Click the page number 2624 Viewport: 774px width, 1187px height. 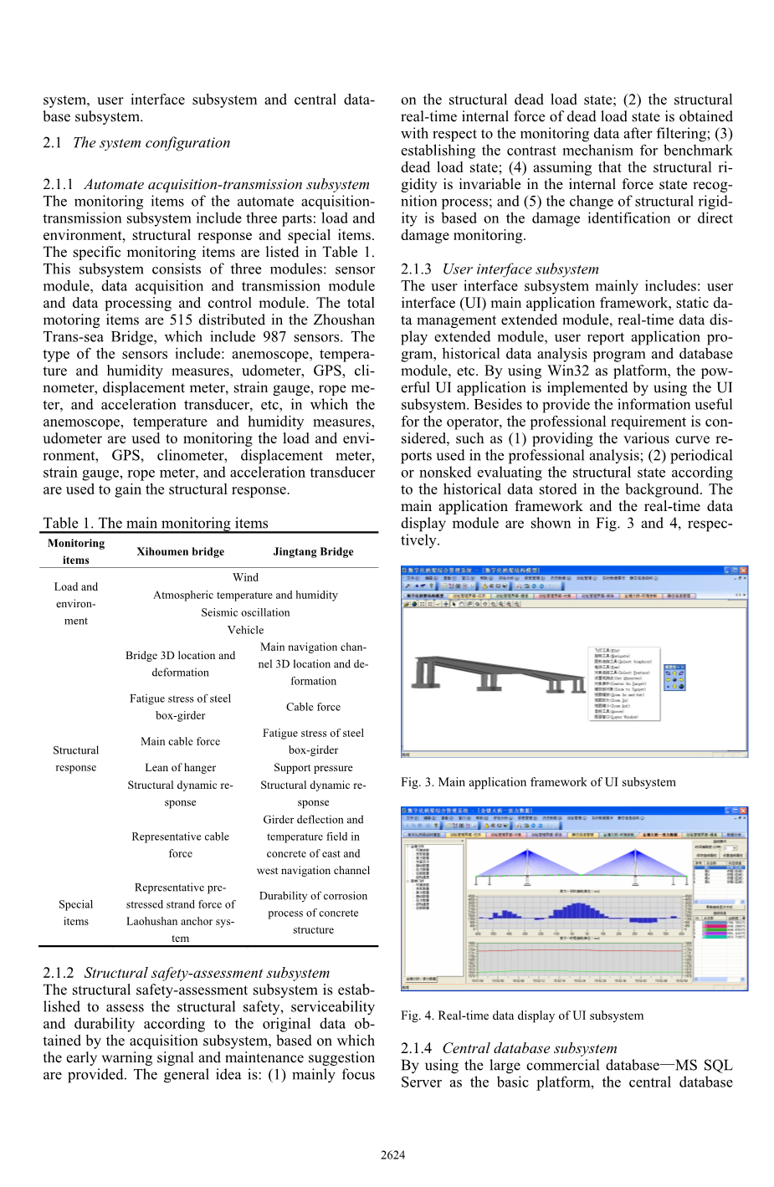[x=392, y=1154]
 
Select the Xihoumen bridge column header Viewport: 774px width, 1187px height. [x=180, y=551]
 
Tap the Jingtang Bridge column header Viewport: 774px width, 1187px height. [x=313, y=551]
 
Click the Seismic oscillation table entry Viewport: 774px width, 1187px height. [x=245, y=612]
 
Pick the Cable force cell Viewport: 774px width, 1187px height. [x=313, y=707]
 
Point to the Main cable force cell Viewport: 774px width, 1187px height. [x=180, y=741]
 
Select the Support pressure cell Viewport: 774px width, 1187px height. [x=313, y=767]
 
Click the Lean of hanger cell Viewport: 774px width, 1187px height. [x=180, y=767]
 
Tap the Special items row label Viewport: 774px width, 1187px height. [x=75, y=913]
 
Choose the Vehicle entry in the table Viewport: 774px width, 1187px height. [x=245, y=630]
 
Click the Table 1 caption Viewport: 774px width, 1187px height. [x=156, y=523]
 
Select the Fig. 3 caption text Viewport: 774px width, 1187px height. [x=538, y=782]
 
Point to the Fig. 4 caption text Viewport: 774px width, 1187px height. [x=522, y=1016]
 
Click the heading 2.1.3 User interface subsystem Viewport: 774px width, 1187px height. [x=500, y=269]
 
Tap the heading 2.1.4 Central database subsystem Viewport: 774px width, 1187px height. [x=509, y=1048]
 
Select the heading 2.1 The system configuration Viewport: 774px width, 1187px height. [x=136, y=142]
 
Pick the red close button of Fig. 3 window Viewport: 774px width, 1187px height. [x=743, y=570]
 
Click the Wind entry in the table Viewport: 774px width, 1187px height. [x=245, y=577]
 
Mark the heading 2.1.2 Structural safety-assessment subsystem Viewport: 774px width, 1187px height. [x=186, y=973]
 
